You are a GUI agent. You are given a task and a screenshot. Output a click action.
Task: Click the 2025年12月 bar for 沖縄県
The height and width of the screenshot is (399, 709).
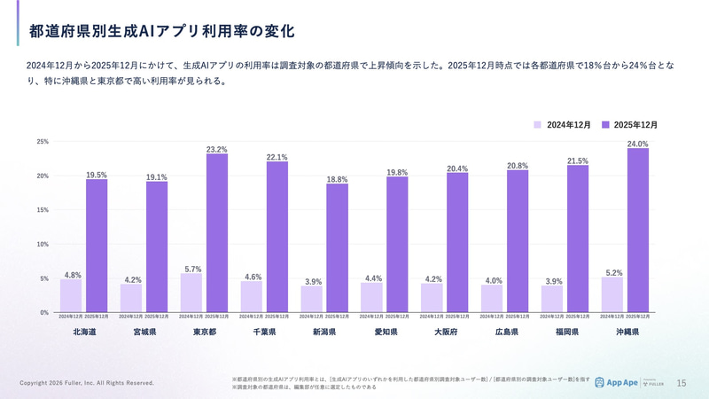[638, 230]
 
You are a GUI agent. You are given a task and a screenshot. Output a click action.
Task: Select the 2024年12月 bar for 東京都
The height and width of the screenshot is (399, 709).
[191, 293]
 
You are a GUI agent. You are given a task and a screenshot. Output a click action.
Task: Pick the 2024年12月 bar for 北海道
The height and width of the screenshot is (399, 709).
[71, 295]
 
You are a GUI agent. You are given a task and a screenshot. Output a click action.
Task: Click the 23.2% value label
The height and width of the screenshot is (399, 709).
[216, 150]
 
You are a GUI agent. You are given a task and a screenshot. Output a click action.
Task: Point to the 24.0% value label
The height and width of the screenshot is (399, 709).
[638, 144]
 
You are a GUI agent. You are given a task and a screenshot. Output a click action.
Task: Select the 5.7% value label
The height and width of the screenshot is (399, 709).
[191, 269]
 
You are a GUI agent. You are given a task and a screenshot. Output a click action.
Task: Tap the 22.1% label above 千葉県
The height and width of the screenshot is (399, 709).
[277, 157]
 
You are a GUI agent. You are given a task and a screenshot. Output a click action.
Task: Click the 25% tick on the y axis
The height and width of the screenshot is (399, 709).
[43, 142]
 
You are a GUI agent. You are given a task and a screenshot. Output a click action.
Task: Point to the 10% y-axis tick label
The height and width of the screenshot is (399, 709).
[43, 244]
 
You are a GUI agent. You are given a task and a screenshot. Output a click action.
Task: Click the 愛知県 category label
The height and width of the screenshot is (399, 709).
[386, 332]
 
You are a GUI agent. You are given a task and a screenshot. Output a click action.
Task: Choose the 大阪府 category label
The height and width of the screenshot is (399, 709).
[446, 332]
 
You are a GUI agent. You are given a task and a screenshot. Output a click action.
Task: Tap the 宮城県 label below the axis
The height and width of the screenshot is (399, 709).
[144, 332]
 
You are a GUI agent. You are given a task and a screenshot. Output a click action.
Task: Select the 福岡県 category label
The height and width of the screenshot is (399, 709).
[565, 332]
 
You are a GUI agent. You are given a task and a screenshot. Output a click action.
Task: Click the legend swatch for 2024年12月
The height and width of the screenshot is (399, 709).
[537, 125]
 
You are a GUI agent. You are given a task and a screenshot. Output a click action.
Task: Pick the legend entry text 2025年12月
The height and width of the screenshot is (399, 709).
[635, 125]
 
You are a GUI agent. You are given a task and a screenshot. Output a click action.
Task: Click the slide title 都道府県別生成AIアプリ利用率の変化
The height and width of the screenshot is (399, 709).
[161, 31]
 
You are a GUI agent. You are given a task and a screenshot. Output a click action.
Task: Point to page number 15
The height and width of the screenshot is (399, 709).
[682, 383]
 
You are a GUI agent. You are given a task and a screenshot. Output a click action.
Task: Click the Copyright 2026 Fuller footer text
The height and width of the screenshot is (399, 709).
[87, 383]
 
